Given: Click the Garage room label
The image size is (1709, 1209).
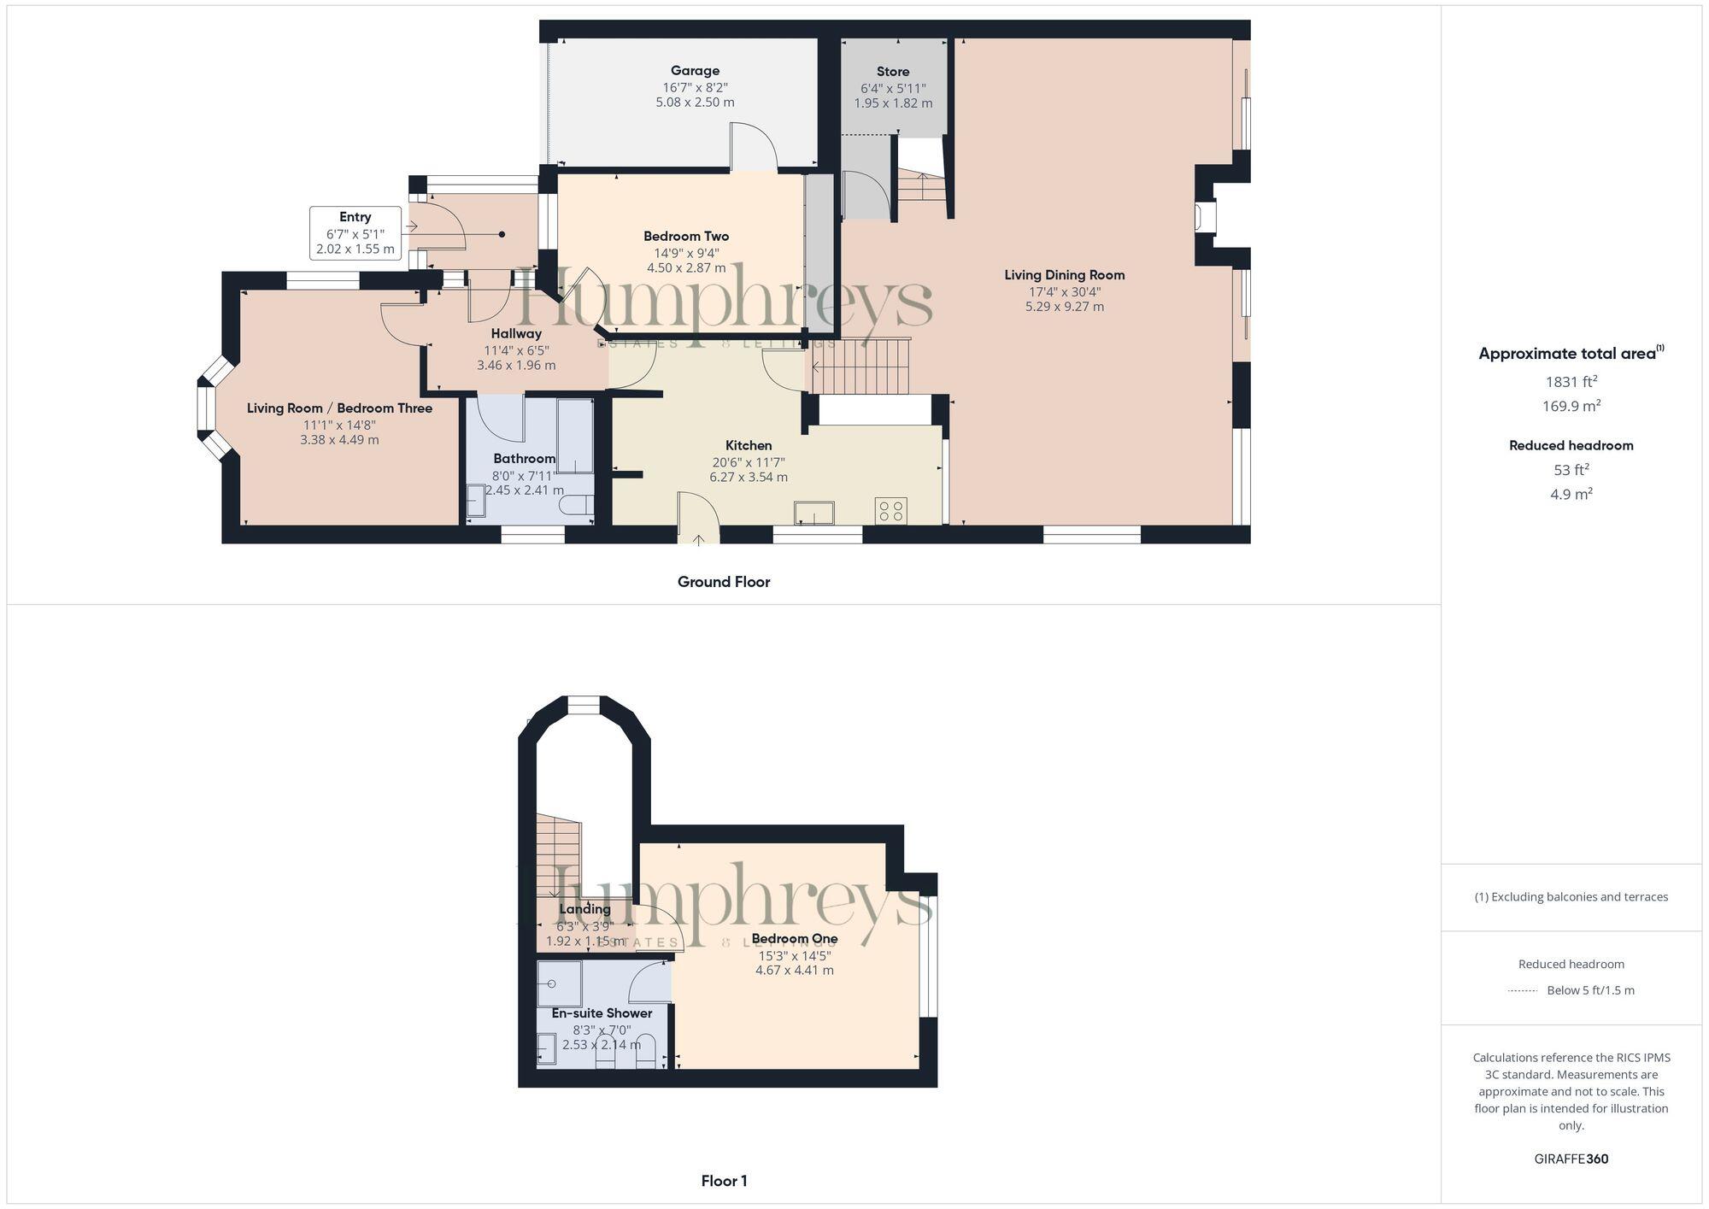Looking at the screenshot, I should [x=695, y=71].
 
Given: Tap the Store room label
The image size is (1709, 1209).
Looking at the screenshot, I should [x=893, y=72].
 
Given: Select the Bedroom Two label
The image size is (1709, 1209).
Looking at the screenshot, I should [x=686, y=236].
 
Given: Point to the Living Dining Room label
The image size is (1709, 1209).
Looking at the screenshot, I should [x=1064, y=275].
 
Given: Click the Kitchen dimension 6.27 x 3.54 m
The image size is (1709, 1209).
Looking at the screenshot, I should [x=749, y=478].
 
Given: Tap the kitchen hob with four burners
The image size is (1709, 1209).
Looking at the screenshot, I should [x=890, y=512].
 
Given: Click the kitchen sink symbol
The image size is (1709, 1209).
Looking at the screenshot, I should [x=813, y=513].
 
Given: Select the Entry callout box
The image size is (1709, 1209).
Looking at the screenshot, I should [x=355, y=232].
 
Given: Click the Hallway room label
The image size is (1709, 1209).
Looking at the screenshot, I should [x=516, y=333].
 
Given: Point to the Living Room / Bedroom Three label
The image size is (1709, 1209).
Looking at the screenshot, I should [x=339, y=408].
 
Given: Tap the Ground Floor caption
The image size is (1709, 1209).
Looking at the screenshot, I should [x=724, y=582].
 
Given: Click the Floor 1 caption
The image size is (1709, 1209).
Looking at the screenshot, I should [x=724, y=1181].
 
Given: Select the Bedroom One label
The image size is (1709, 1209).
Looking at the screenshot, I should [x=795, y=938].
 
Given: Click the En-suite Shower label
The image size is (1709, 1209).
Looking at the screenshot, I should [x=602, y=1013].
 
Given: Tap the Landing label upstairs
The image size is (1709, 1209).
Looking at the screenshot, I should [x=584, y=909].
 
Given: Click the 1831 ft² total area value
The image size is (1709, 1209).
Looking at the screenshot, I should [x=1571, y=382].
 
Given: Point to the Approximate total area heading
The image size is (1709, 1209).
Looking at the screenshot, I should [x=1571, y=354].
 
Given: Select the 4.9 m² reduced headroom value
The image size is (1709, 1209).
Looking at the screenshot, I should [x=1571, y=494].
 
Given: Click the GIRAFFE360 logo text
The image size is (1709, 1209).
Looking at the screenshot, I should [x=1571, y=1159].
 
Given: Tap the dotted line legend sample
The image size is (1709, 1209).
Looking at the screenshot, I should [x=1523, y=991].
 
